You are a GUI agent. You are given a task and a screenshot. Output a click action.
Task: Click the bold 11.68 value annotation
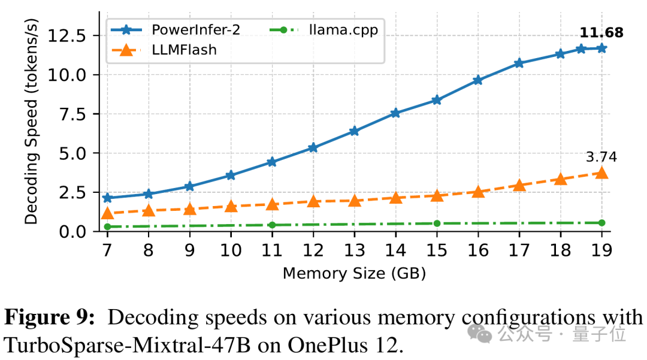pos(601,33)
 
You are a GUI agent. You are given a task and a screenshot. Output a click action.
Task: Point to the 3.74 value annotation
pos(601,158)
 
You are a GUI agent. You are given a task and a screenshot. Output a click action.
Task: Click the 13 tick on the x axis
pos(354,250)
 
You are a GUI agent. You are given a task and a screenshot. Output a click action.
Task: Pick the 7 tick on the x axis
pos(107,250)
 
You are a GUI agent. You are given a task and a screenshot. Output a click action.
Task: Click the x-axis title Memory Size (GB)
pos(354,274)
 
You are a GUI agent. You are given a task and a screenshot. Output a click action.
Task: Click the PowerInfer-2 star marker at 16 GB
pos(477,80)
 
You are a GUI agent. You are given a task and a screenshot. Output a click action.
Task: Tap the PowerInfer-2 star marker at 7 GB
pos(107,198)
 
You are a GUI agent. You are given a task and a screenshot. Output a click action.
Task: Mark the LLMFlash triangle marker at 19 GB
pos(601,173)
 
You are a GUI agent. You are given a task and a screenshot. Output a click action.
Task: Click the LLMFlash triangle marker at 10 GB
pos(231,207)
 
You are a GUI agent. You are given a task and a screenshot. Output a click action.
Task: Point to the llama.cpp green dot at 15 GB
pos(437,223)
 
